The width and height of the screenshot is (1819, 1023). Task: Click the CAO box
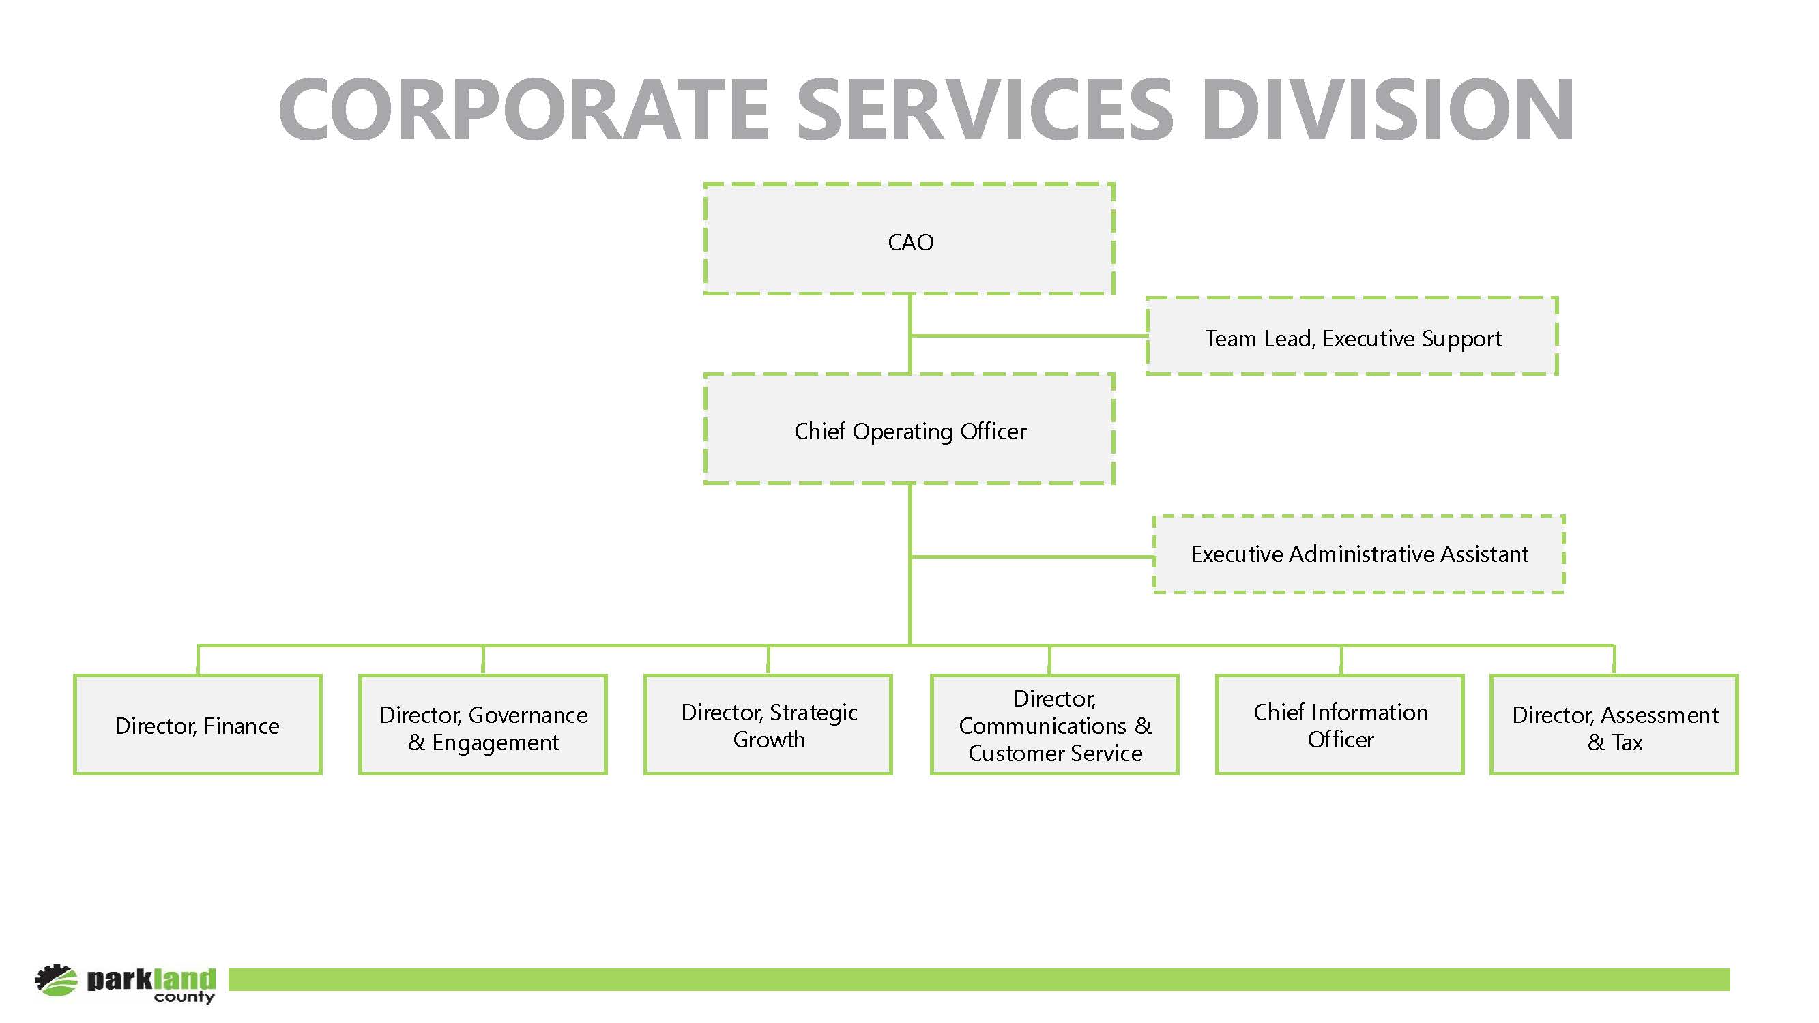(909, 239)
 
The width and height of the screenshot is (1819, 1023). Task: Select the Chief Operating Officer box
(909, 428)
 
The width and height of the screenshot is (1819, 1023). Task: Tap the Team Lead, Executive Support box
(1352, 336)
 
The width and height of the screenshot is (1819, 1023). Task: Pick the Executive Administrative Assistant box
(1358, 554)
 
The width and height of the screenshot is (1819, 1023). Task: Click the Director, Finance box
(198, 724)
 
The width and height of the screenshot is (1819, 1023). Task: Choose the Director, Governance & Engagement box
(483, 724)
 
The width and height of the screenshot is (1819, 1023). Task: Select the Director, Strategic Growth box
(768, 724)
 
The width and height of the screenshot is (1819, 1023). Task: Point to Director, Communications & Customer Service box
(1055, 724)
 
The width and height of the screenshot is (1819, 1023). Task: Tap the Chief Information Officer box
(1339, 724)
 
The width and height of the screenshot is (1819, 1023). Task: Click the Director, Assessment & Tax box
(1614, 724)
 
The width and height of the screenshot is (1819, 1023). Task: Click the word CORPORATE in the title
(523, 109)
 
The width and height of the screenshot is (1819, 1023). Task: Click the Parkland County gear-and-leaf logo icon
(56, 980)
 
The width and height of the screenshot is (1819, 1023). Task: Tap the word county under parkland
(184, 997)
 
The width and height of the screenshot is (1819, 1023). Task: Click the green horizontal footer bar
(979, 979)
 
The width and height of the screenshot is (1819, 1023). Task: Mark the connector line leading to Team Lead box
(1028, 336)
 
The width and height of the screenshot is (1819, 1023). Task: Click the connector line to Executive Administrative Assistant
(1032, 557)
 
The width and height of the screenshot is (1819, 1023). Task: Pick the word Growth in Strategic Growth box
(769, 740)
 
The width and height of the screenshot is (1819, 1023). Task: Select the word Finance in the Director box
(242, 726)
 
